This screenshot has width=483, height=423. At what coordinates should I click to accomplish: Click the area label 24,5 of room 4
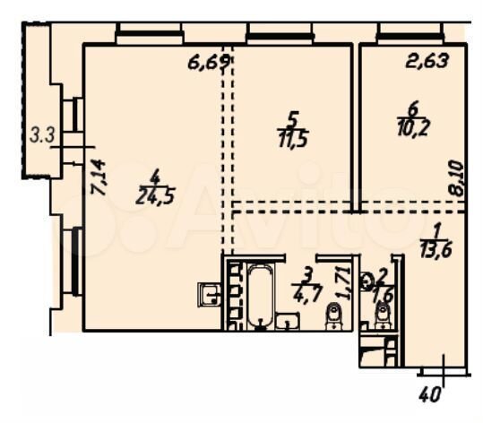point(153,194)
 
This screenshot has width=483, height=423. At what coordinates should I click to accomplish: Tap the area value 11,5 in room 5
point(290,139)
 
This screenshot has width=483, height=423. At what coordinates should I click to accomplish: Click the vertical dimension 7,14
point(99,178)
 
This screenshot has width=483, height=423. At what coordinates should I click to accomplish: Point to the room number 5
point(290,117)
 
